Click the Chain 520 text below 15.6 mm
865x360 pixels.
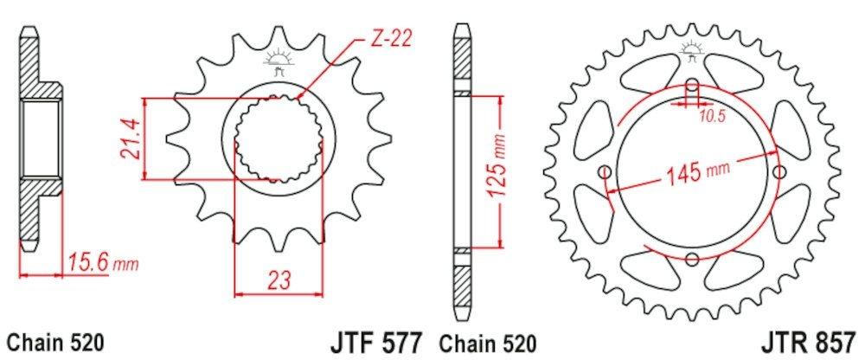click(55, 343)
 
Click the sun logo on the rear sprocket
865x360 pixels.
click(692, 48)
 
